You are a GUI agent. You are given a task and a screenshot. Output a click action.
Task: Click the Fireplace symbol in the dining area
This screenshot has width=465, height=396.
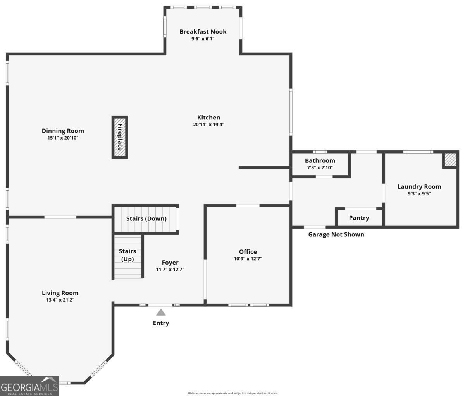coord(120,137)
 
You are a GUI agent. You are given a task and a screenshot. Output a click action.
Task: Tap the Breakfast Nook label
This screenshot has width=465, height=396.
coord(203,32)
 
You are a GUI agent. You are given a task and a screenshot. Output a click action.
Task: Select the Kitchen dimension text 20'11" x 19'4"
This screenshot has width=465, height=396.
coord(208,125)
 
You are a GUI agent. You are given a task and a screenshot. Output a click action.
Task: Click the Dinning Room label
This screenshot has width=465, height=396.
coord(63,131)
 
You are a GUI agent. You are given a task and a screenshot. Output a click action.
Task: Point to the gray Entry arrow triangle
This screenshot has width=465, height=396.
coord(161,312)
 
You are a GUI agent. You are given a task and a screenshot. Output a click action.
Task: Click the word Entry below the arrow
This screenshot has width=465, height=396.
coord(161,323)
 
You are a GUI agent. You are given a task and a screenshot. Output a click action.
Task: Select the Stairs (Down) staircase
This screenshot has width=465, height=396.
coord(146,219)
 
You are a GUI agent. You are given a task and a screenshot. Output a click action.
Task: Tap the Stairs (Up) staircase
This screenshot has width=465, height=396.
coord(127,256)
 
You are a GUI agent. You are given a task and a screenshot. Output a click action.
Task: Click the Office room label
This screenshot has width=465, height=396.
coord(248,252)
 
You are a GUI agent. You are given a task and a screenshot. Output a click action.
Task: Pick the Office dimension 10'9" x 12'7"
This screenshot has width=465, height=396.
coord(248,259)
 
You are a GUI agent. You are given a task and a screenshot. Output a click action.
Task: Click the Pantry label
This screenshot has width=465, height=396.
coord(359,218)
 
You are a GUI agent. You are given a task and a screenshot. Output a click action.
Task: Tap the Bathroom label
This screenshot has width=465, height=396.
coord(320,160)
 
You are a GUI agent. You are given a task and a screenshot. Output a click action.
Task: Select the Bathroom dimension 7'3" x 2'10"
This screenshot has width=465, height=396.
coord(320,168)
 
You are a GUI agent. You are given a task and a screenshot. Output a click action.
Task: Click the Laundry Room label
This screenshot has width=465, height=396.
coord(419,186)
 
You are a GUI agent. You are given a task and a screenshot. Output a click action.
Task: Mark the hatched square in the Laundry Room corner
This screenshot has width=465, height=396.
coord(450,160)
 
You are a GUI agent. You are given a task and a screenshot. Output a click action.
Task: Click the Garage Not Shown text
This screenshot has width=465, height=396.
coord(336,234)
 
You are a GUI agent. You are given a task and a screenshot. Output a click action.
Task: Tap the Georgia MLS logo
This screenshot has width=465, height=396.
coord(29,386)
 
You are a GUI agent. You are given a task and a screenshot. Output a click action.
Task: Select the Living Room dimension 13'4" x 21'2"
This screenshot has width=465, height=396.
coord(60,300)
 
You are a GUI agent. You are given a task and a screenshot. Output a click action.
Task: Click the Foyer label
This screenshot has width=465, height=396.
coord(170,263)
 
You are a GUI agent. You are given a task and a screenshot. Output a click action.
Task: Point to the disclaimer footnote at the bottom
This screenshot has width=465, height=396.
coord(232,393)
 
